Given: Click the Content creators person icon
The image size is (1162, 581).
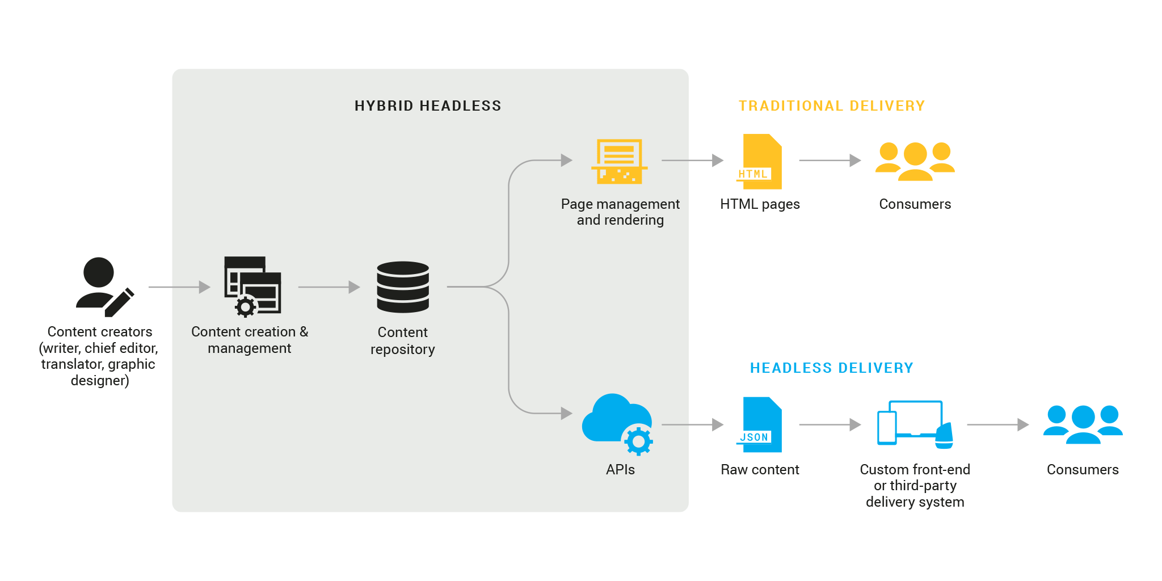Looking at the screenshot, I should (x=100, y=284).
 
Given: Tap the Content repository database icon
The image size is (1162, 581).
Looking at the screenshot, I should (x=403, y=287).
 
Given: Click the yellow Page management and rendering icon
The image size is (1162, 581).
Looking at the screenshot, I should (x=619, y=162).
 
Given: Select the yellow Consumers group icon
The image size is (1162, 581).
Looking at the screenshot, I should (x=915, y=161).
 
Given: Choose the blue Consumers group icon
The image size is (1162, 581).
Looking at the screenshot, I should (x=1083, y=424).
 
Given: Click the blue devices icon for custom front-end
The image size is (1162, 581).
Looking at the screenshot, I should (x=915, y=424).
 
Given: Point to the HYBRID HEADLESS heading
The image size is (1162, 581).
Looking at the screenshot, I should (x=428, y=106).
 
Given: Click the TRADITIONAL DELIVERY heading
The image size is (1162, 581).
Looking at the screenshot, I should (x=831, y=106).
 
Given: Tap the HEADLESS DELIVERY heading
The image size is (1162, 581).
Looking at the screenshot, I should (x=831, y=368).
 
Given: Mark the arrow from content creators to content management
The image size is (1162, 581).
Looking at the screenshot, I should (x=179, y=287).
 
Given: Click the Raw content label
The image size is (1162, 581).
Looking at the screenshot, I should (x=760, y=470).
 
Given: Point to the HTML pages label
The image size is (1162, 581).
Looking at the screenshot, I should (x=760, y=204).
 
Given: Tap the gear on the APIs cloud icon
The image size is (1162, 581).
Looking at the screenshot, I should (x=639, y=441).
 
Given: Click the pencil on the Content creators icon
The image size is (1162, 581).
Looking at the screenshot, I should (x=120, y=302).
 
